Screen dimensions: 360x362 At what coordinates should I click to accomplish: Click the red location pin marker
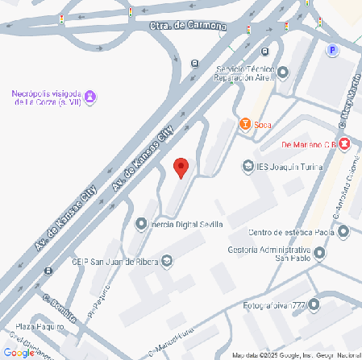pyautogui.click(x=181, y=168)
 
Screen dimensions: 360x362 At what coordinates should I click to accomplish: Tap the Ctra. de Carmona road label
pyautogui.click(x=188, y=26)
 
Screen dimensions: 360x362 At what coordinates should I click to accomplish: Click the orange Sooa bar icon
pyautogui.click(x=244, y=124)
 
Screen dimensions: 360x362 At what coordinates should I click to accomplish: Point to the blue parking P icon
pyautogui.click(x=331, y=50)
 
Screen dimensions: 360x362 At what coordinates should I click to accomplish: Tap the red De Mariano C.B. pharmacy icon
pyautogui.click(x=344, y=144)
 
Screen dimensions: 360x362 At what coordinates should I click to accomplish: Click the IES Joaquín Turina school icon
pyautogui.click(x=248, y=167)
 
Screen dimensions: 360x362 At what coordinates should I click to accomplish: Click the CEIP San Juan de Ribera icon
pyautogui.click(x=167, y=260)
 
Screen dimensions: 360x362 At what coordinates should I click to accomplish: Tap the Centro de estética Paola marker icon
pyautogui.click(x=343, y=232)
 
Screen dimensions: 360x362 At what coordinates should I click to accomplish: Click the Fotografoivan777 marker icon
pyautogui.click(x=314, y=305)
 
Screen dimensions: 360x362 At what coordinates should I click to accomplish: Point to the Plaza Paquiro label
pyautogui.click(x=39, y=326)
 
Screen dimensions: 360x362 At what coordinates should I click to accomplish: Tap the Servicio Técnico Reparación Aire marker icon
pyautogui.click(x=282, y=73)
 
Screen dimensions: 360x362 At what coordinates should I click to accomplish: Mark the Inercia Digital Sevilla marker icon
pyautogui.click(x=141, y=224)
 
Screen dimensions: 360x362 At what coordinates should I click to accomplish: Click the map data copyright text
pyautogui.click(x=295, y=355)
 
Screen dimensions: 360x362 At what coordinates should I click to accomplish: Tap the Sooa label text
pyautogui.click(x=262, y=125)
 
